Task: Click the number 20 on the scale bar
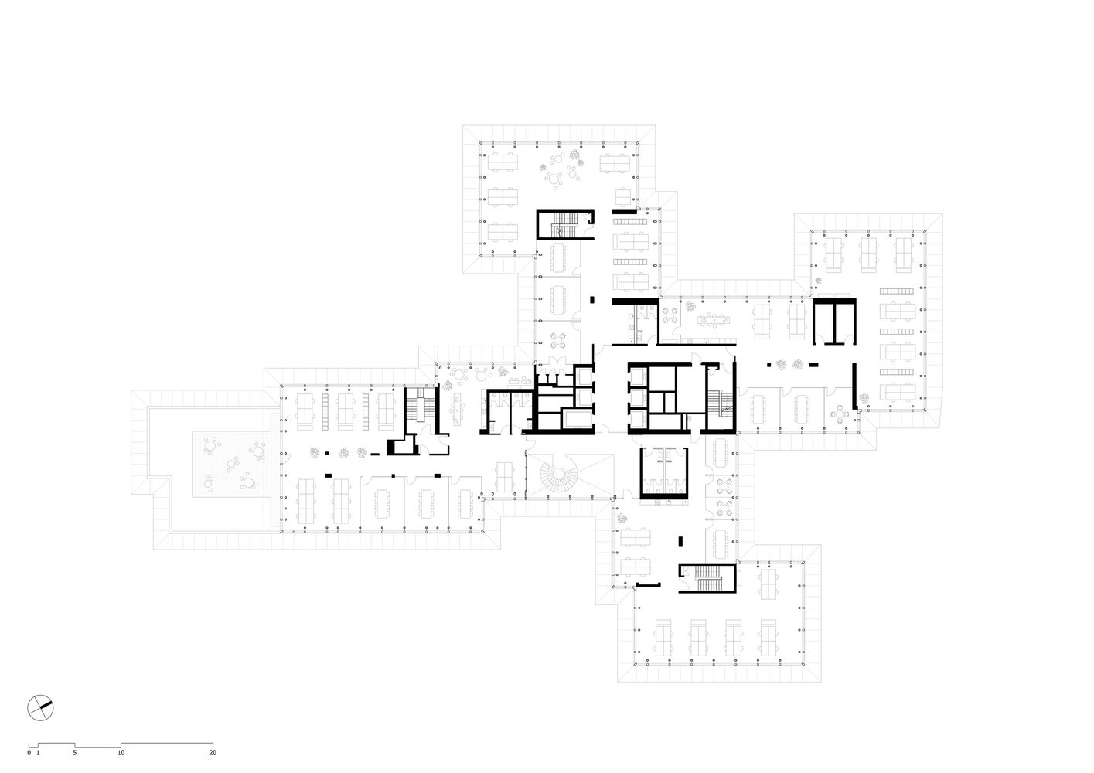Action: point(213,752)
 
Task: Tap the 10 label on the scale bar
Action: point(121,752)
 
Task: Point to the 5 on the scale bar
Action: point(75,752)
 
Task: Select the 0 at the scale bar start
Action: point(29,752)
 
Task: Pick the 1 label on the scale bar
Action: point(38,752)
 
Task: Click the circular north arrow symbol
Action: point(40,707)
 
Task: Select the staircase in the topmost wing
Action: point(564,225)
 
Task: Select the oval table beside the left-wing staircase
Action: point(458,409)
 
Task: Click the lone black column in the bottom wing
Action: point(680,540)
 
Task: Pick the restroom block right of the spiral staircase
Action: point(664,472)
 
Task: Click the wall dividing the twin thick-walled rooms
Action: point(834,322)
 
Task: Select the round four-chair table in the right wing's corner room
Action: point(840,414)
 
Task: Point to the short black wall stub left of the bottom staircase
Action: point(648,585)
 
